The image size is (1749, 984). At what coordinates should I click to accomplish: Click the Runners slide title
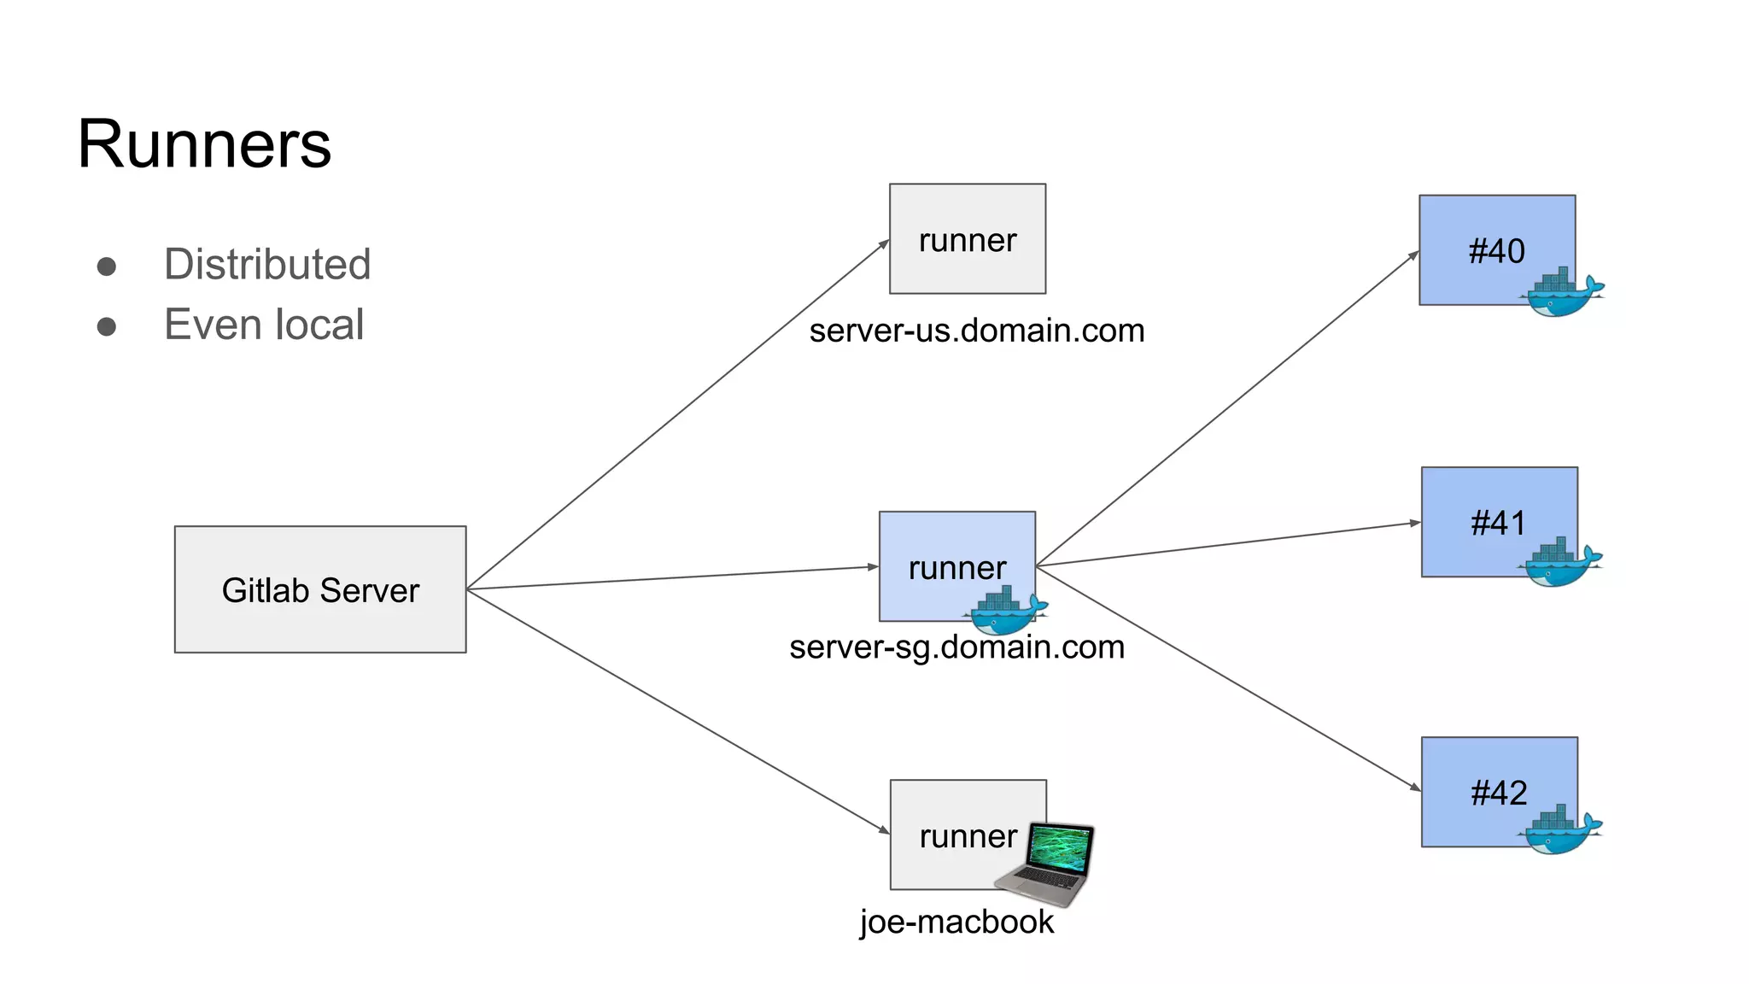tap(204, 143)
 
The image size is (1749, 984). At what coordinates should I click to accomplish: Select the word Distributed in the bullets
tap(267, 264)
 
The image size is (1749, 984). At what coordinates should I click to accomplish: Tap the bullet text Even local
tap(264, 325)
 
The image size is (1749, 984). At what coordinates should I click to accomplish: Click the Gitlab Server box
tap(320, 589)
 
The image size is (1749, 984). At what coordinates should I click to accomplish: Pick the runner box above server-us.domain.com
tap(967, 238)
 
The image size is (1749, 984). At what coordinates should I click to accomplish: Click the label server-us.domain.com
tap(976, 331)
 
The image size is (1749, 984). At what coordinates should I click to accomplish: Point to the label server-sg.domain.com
tap(956, 647)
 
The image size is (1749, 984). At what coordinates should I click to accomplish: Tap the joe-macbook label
tap(956, 922)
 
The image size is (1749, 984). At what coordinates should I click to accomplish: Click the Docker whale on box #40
tap(1561, 295)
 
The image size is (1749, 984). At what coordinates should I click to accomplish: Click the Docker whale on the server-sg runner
tap(1006, 612)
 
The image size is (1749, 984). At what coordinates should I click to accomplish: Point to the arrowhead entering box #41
tap(1414, 523)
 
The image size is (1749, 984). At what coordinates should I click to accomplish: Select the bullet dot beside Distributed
tap(107, 266)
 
